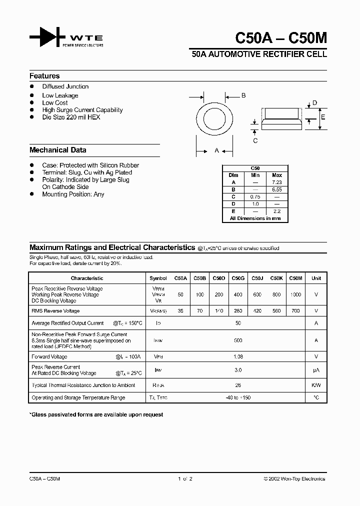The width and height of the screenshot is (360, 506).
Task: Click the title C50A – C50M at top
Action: (x=280, y=38)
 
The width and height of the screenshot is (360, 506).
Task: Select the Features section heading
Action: (x=44, y=76)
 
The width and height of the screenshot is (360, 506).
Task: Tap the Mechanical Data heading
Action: (x=57, y=150)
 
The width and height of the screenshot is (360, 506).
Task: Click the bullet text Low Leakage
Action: (x=60, y=95)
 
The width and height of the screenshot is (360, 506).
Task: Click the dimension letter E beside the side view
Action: (x=323, y=117)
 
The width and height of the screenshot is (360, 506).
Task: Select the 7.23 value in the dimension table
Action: (x=277, y=182)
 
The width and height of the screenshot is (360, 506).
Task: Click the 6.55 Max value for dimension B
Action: (x=277, y=190)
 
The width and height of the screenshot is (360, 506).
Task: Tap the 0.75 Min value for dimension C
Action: (x=255, y=197)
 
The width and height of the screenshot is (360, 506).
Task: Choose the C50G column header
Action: (x=238, y=278)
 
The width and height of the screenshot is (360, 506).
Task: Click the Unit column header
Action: (x=316, y=278)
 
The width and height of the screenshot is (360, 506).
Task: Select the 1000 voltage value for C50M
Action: (x=295, y=294)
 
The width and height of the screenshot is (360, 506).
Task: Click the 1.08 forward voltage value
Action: (x=238, y=356)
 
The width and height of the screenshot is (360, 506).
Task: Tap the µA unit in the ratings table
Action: (x=316, y=370)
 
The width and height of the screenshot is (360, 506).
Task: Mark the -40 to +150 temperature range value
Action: (x=238, y=397)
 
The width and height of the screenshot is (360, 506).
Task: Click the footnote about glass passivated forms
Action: (x=96, y=414)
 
